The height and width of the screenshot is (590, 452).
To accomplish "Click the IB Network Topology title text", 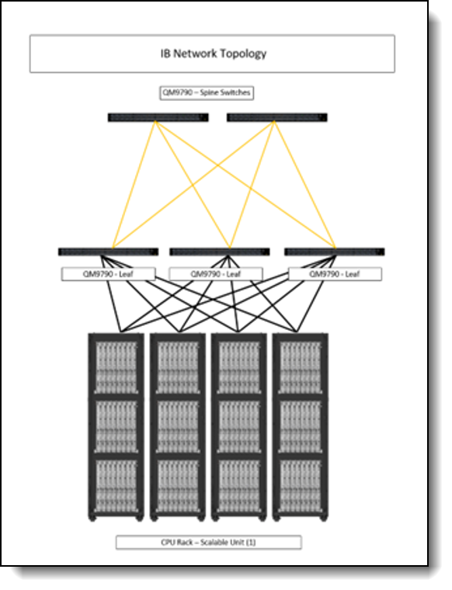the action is [x=214, y=54].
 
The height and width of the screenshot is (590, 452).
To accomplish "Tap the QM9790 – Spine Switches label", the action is [x=207, y=92].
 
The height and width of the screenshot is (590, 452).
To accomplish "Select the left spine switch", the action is [x=158, y=117].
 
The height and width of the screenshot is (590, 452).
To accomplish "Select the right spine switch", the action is [x=277, y=117].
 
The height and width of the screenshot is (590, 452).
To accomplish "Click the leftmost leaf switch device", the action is [x=109, y=252].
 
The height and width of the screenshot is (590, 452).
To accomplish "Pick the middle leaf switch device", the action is [x=220, y=252].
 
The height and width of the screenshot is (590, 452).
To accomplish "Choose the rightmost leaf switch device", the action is [x=335, y=252].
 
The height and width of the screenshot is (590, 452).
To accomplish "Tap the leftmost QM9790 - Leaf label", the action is [x=108, y=274].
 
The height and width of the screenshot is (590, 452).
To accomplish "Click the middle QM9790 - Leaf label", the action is [x=216, y=274].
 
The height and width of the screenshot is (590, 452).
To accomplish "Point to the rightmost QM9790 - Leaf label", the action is [x=335, y=274].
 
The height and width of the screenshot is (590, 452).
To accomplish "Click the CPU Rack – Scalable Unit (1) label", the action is [x=208, y=542].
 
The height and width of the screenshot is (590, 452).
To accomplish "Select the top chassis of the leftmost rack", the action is [x=116, y=368].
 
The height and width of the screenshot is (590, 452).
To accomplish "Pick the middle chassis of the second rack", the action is [x=178, y=426].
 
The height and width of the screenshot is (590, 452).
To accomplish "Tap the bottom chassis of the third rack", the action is [x=239, y=486].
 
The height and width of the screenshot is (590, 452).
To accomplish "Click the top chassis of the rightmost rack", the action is [x=301, y=368].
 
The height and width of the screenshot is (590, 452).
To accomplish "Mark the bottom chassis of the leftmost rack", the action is [x=116, y=486].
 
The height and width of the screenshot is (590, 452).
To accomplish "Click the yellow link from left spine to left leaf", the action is [x=134, y=185].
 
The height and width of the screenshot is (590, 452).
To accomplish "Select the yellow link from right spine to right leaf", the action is [x=304, y=185].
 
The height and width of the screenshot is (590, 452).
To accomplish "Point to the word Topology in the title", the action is [x=243, y=54].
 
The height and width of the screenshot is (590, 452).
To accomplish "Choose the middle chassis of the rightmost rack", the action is [x=301, y=426].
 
